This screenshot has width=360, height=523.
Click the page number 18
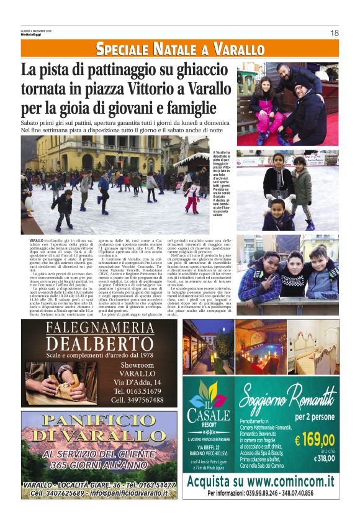(334, 33)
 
